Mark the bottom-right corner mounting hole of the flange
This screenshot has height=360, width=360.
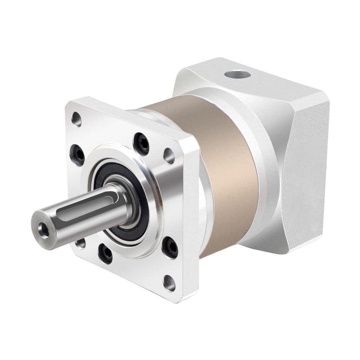pyautogui.click(x=169, y=282)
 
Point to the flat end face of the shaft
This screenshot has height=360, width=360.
pyautogui.click(x=42, y=228)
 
